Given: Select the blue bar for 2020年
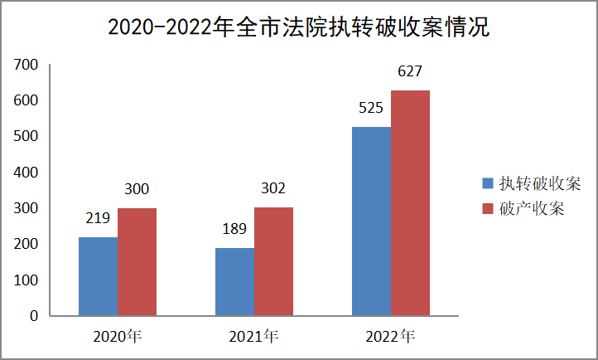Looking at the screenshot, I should (x=98, y=276).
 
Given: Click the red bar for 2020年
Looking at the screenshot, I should (x=137, y=261).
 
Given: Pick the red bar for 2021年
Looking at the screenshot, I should (x=273, y=261).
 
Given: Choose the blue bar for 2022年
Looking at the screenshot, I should (x=371, y=221).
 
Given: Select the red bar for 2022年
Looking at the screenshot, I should (x=410, y=202).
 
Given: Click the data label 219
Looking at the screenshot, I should (x=99, y=220).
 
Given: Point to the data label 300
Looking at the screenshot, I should (x=137, y=190).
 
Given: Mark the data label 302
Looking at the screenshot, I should (x=273, y=189).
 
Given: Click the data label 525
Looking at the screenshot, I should (x=370, y=109).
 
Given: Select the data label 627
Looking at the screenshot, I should (x=410, y=72).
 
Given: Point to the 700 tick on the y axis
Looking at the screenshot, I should (x=27, y=65).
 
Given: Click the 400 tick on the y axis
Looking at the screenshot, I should (x=27, y=173).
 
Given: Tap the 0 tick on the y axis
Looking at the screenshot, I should (x=34, y=316).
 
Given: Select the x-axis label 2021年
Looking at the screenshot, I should (x=253, y=337).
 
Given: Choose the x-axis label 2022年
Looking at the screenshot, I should (x=390, y=337).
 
